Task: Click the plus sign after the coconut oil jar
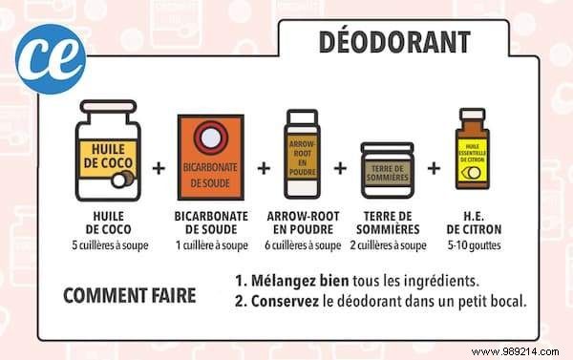(x=159, y=168)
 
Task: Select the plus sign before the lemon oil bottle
(x=434, y=168)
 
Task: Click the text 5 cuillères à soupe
(x=109, y=244)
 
